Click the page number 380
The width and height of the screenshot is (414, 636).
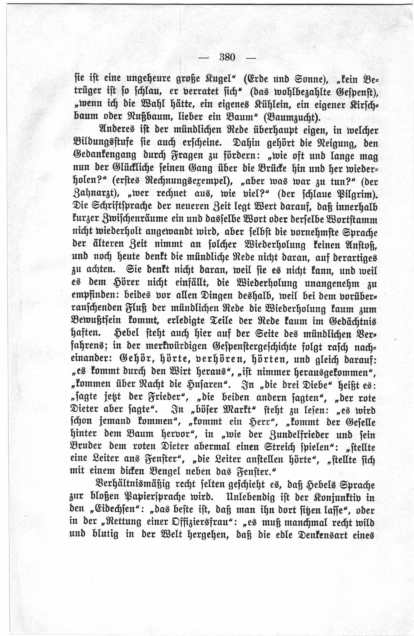click(x=227, y=57)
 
